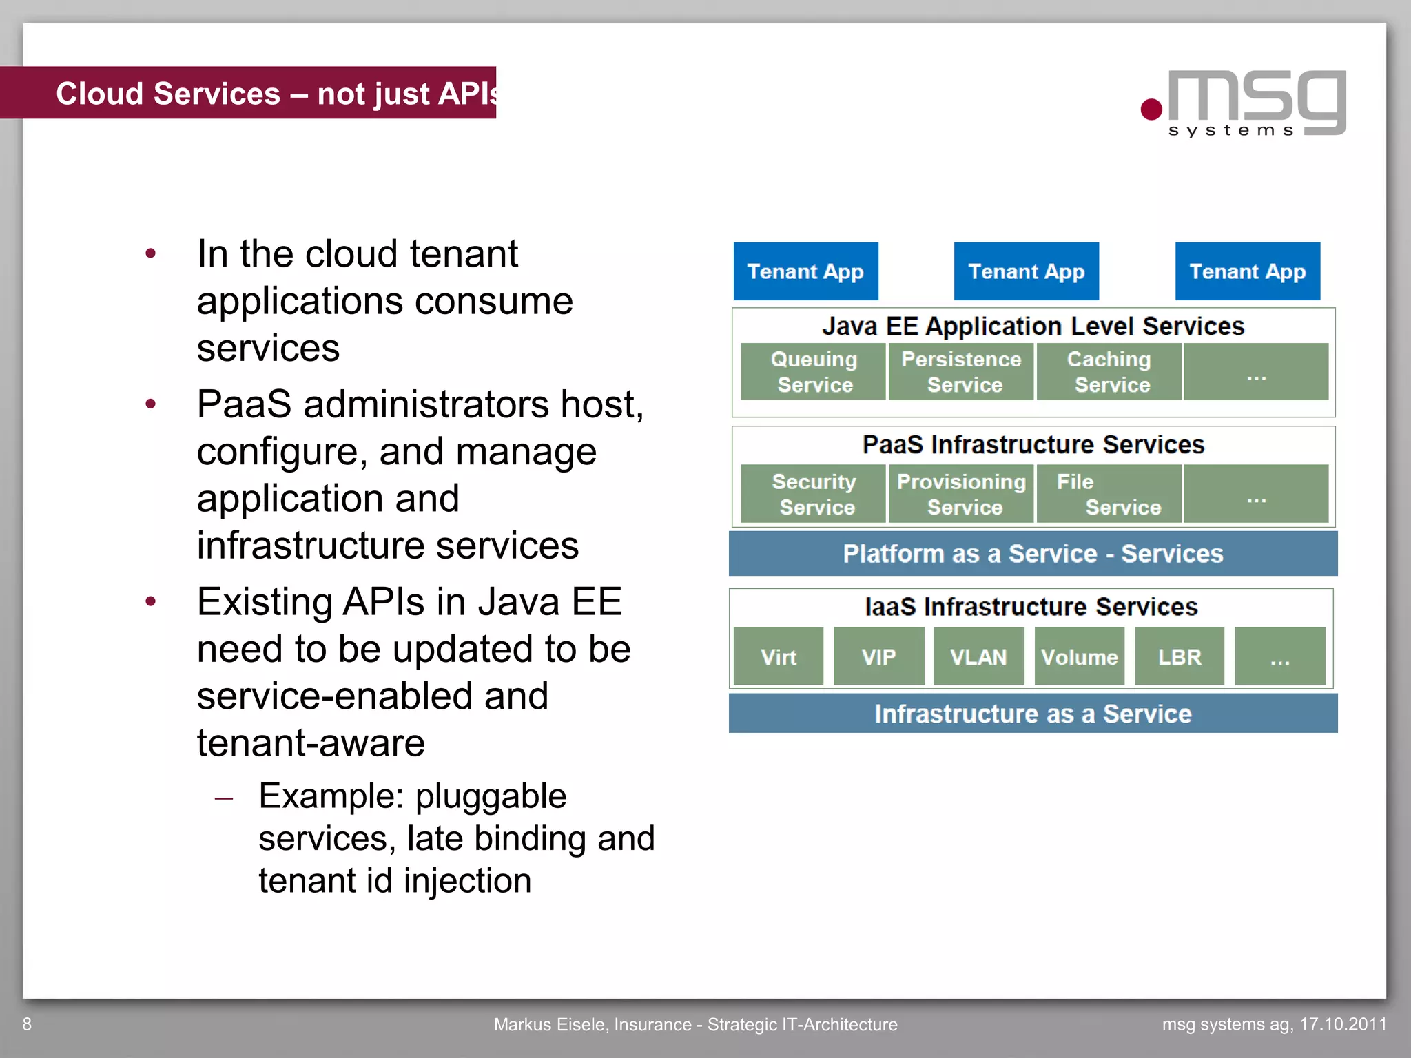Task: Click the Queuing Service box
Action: click(x=813, y=372)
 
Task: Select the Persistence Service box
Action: click(x=961, y=372)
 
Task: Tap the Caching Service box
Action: click(x=1109, y=372)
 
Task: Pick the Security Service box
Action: click(x=813, y=494)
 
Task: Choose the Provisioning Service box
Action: click(x=961, y=494)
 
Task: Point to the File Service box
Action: click(x=1109, y=494)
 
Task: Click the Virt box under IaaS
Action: click(x=779, y=656)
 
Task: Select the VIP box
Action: click(x=878, y=656)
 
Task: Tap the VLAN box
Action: click(x=978, y=656)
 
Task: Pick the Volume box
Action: click(x=1079, y=656)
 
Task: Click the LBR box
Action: click(x=1180, y=656)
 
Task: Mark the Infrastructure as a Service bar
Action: click(x=1033, y=714)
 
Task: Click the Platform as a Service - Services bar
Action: click(x=1033, y=554)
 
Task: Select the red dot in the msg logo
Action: click(x=1151, y=110)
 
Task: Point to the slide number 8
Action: click(x=27, y=1024)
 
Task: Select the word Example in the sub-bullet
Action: click(x=331, y=797)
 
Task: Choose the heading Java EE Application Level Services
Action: click(x=1033, y=326)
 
